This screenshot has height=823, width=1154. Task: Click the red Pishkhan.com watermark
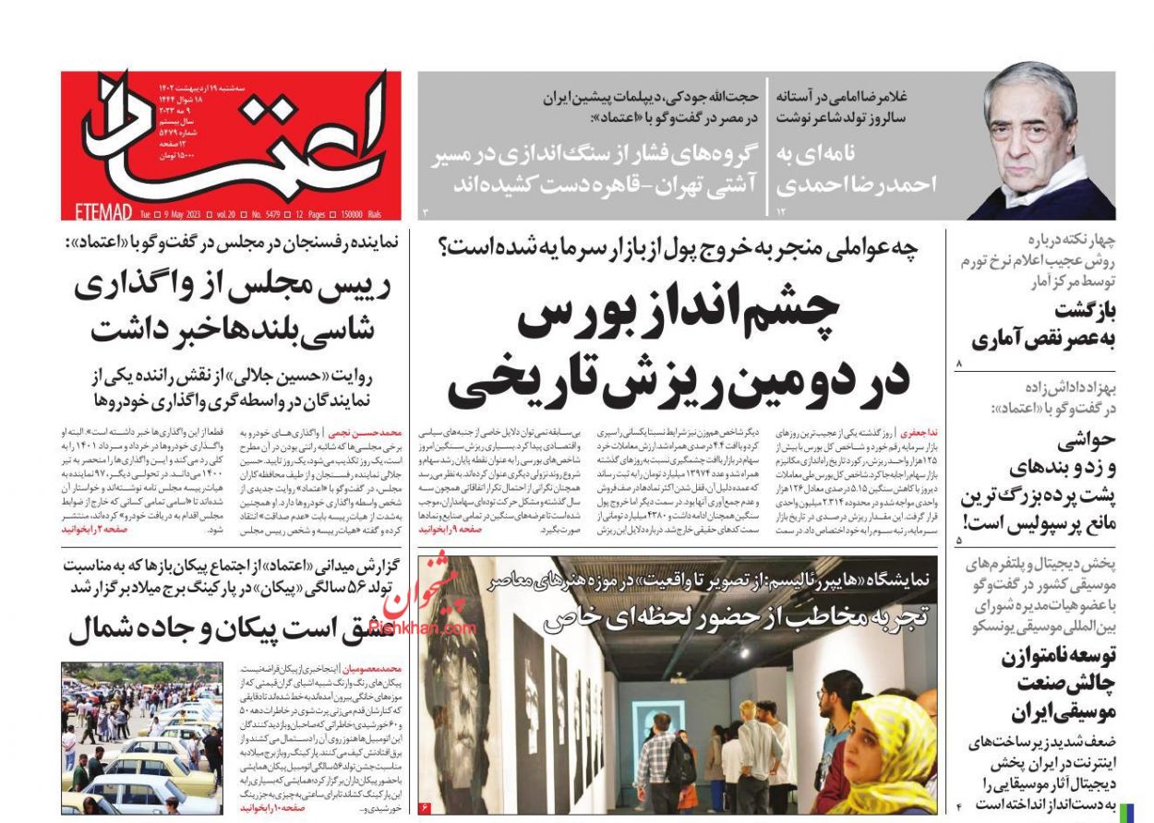coord(429,609)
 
